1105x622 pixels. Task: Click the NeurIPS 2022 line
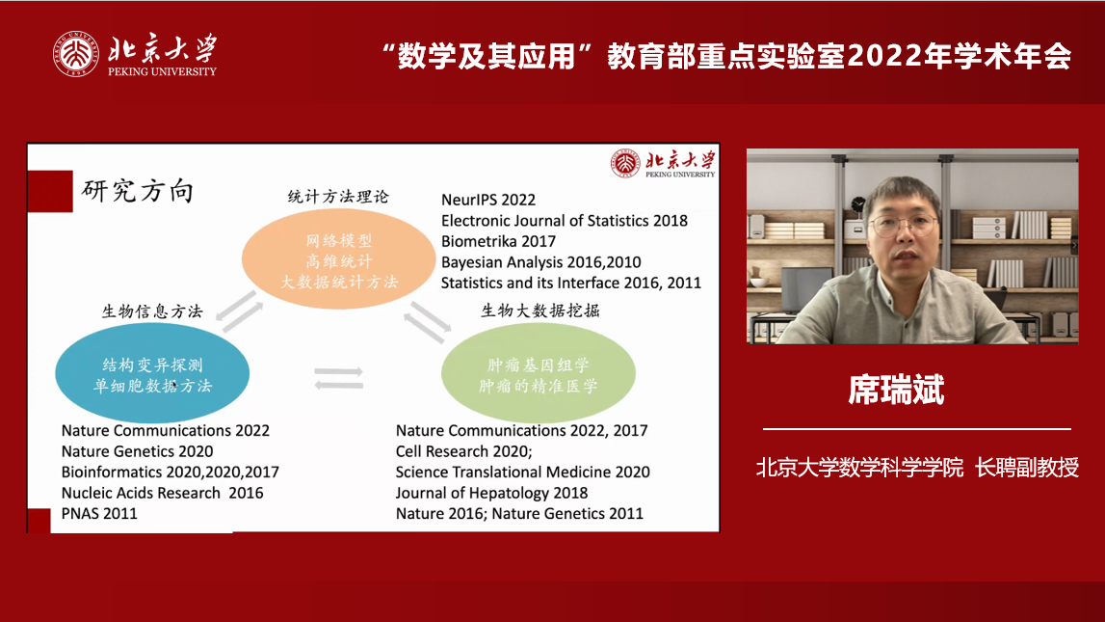(x=488, y=201)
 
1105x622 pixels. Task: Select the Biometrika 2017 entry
(x=498, y=242)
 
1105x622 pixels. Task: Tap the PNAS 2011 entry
(x=99, y=513)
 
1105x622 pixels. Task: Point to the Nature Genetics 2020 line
(x=138, y=451)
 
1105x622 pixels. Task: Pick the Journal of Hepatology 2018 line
(x=492, y=493)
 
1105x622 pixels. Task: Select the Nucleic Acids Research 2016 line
(x=162, y=493)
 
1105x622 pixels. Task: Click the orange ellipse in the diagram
(x=338, y=258)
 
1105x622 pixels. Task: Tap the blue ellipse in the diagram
(x=152, y=372)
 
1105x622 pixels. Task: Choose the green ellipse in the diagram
(x=539, y=372)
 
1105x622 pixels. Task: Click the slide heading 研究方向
(x=138, y=191)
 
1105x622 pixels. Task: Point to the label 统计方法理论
(x=338, y=197)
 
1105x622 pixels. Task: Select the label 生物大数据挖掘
(x=540, y=311)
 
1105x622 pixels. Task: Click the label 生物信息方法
(x=152, y=311)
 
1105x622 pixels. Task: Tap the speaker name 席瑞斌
(x=896, y=390)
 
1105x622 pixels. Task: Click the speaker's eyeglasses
(x=903, y=226)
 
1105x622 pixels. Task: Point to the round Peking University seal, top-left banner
(x=76, y=54)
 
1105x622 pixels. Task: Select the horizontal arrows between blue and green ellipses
(x=339, y=378)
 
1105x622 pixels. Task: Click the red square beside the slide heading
(x=50, y=191)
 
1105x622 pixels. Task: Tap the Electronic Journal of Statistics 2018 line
(x=565, y=221)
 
